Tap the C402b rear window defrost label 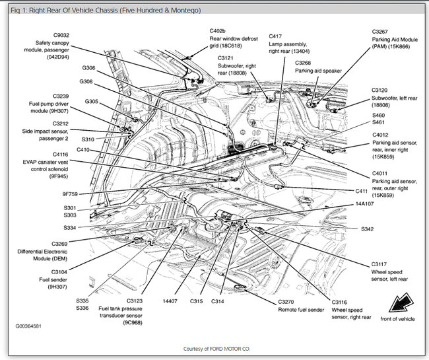(x=218, y=31)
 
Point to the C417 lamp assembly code (x=276, y=36)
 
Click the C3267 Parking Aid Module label (x=382, y=31)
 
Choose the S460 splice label (x=378, y=116)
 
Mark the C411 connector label (x=361, y=191)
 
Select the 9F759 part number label (x=70, y=194)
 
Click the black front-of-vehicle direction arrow (x=398, y=305)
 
